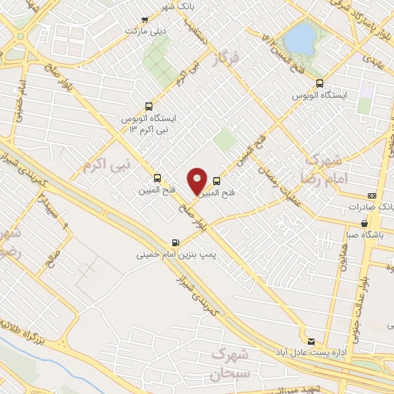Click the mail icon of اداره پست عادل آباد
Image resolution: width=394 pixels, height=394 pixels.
click(311, 340)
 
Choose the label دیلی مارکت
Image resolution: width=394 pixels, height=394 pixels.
click(145, 32)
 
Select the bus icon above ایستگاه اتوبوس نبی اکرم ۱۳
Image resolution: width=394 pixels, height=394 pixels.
click(149, 107)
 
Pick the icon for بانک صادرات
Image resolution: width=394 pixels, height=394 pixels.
click(372, 196)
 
